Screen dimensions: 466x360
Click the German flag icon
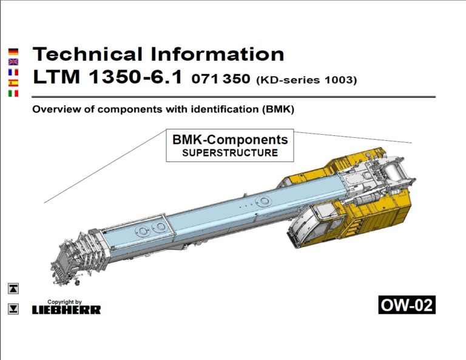(x=13, y=52)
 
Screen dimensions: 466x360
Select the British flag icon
(x=13, y=62)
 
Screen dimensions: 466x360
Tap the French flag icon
(x=13, y=72)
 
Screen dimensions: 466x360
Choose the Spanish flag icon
(x=13, y=83)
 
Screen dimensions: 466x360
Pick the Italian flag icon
(x=13, y=93)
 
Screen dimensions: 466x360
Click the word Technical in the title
(x=87, y=54)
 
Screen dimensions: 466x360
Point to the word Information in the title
(x=217, y=54)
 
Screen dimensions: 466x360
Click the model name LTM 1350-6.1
(x=107, y=76)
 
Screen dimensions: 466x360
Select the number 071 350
(x=220, y=79)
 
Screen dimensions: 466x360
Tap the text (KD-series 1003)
(x=306, y=80)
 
